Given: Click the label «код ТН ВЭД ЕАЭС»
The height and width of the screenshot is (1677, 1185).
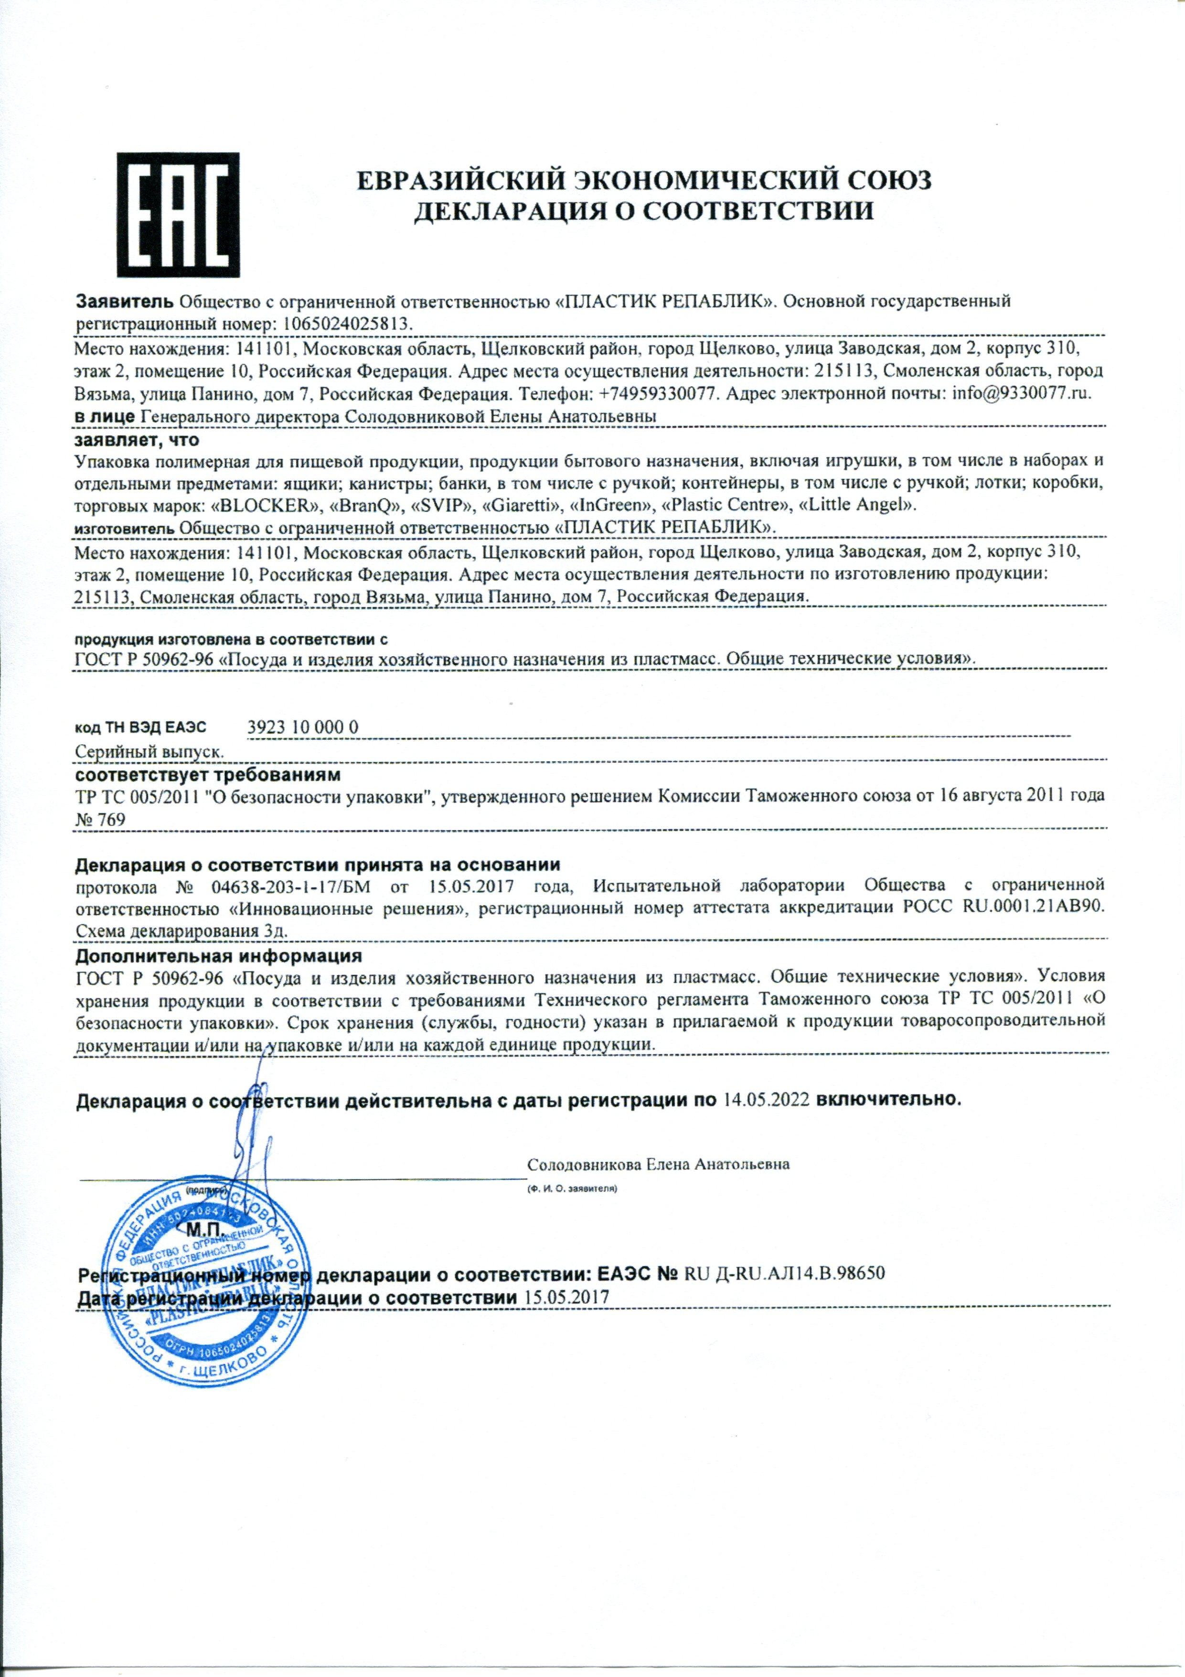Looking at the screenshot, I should click(141, 727).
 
